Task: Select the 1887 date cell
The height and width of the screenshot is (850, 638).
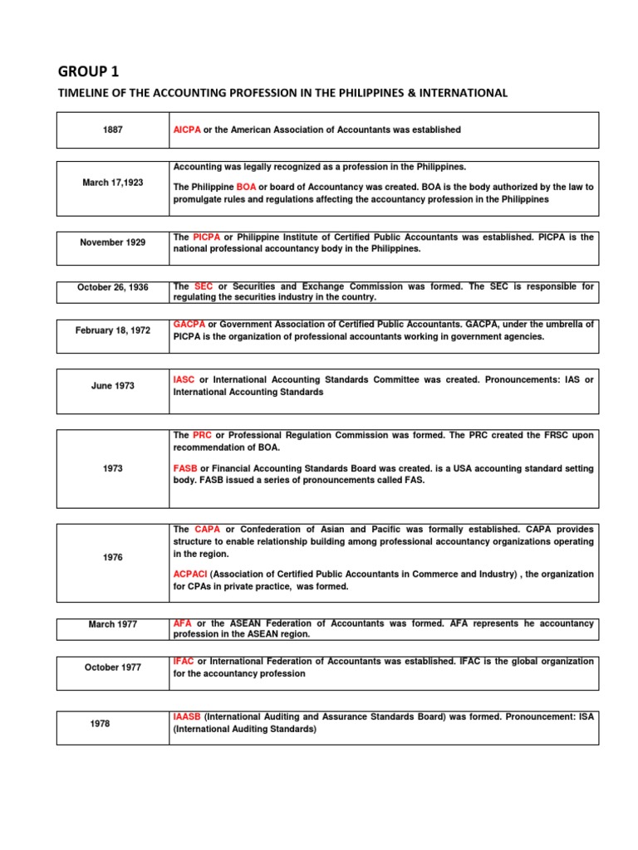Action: (112, 130)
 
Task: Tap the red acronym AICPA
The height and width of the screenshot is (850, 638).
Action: (187, 130)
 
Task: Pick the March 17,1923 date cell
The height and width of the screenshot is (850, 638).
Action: (112, 183)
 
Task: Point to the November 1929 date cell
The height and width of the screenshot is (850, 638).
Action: (112, 242)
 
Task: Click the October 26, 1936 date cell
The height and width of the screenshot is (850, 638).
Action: (112, 287)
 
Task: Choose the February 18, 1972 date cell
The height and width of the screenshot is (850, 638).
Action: (112, 330)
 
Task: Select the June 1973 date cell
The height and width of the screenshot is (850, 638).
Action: (112, 386)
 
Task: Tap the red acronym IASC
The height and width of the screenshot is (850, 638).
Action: (184, 379)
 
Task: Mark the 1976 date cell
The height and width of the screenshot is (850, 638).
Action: (112, 558)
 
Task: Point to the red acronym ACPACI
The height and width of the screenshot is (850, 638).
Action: (190, 574)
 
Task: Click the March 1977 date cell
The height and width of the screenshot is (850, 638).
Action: (112, 624)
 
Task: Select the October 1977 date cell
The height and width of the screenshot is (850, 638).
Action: (112, 667)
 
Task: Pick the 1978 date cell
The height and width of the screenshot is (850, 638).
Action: (112, 724)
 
